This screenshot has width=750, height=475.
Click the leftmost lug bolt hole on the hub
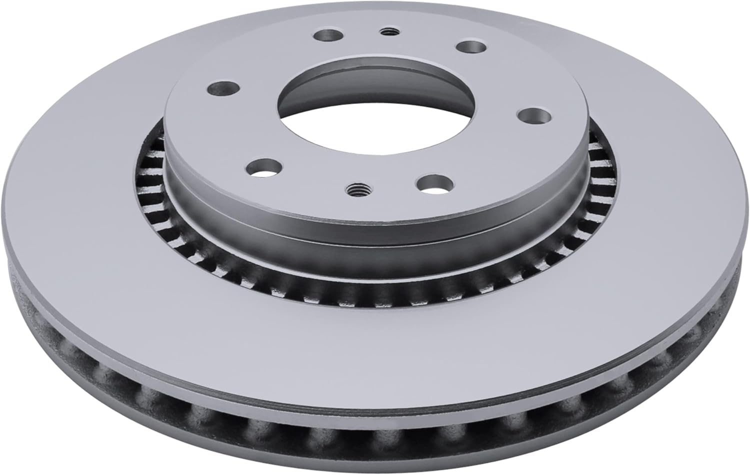click(218, 88)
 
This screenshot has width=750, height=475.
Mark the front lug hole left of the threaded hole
click(265, 167)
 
